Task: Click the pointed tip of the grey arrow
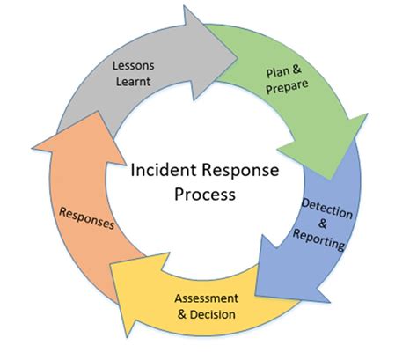point(238,57)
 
